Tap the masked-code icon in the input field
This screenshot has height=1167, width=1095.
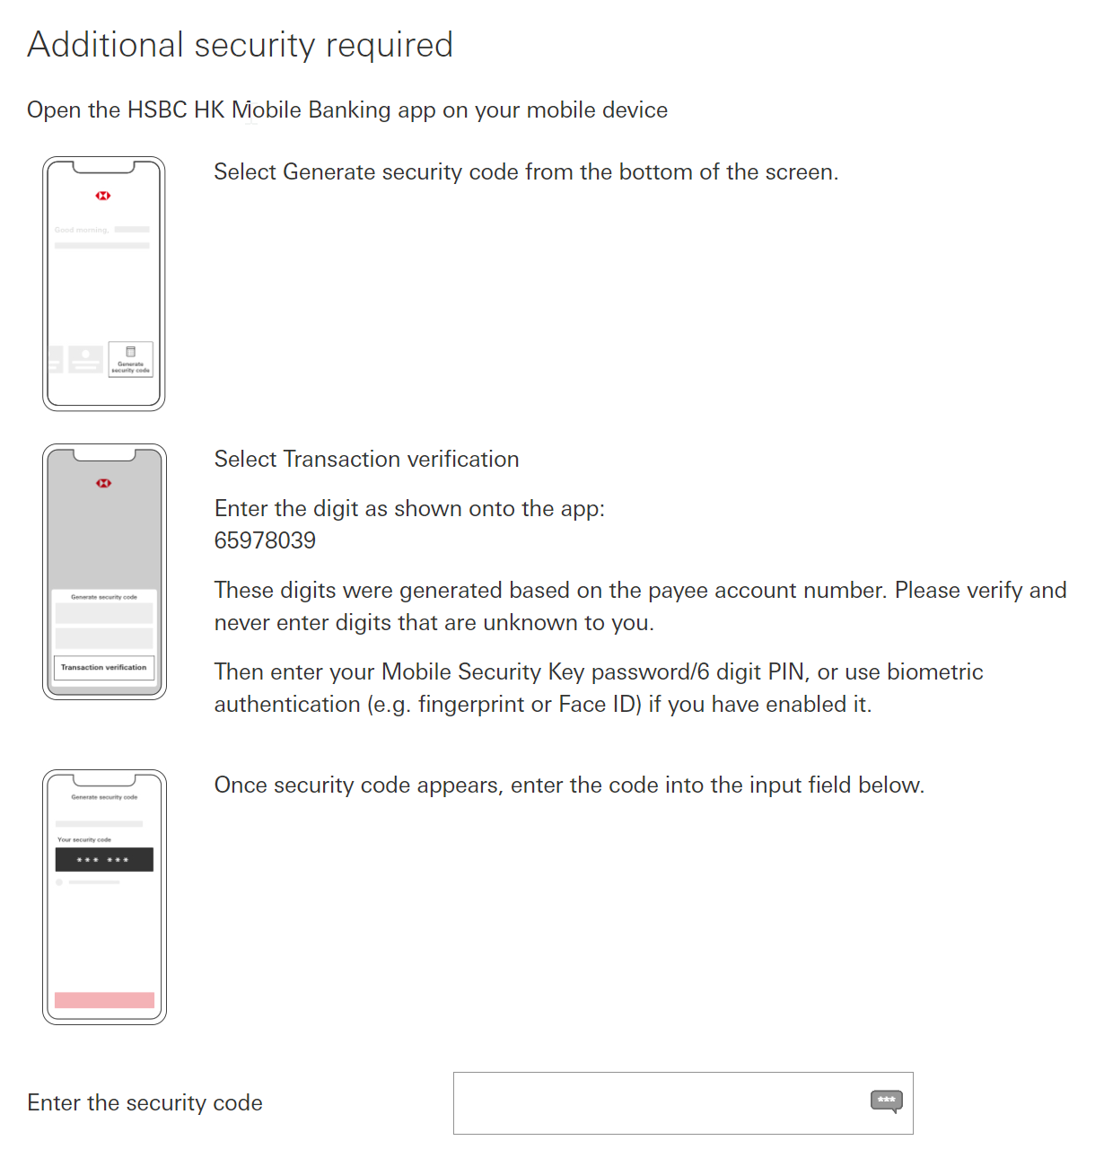point(886,1101)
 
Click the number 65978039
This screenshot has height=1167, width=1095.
point(265,540)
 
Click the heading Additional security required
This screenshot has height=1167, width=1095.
point(240,45)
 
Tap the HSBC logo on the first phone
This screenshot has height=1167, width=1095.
point(103,196)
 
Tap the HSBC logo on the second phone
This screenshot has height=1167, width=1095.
point(104,483)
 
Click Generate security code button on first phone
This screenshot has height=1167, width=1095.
point(130,359)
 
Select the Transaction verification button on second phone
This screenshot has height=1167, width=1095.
point(104,667)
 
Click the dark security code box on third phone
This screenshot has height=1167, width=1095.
point(104,859)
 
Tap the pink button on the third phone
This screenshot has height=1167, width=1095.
point(104,1000)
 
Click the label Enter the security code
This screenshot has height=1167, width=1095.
point(145,1102)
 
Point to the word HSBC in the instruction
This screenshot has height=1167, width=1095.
point(158,110)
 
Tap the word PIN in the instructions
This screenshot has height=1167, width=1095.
point(785,671)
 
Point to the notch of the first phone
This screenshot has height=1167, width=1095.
point(104,167)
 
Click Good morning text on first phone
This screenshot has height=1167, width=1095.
point(81,230)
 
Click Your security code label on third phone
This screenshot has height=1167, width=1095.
point(84,839)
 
